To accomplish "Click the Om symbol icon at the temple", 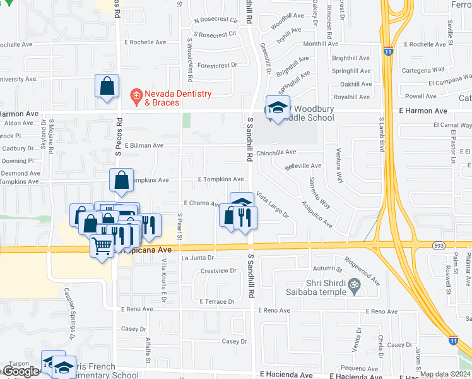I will tap(355, 287).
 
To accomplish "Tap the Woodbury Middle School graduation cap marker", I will tap(277, 108).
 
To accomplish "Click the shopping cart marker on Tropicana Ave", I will tap(102, 246).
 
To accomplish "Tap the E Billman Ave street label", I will tap(144, 145).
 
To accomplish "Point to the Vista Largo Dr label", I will tap(272, 206).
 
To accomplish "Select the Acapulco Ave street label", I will tap(317, 215).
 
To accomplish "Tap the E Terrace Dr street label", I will tap(216, 302).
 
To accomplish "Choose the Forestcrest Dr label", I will tap(217, 65).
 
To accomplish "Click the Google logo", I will tap(21, 371).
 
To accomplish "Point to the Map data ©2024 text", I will tap(445, 374).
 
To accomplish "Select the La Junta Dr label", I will tap(198, 258).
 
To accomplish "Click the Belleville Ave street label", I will tap(303, 166).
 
